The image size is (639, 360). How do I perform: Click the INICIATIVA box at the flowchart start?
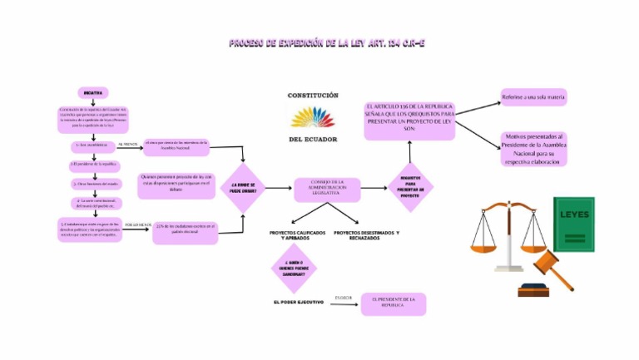pyautogui.click(x=92, y=93)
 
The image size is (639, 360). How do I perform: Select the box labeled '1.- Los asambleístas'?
pyautogui.click(x=92, y=145)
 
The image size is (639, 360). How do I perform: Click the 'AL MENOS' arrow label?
pyautogui.click(x=126, y=144)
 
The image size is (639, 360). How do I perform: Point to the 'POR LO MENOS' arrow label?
pyautogui.click(x=137, y=224)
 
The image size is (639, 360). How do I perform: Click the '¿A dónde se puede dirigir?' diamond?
pyautogui.click(x=243, y=190)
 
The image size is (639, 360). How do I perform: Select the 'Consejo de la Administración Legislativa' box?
pyautogui.click(x=327, y=189)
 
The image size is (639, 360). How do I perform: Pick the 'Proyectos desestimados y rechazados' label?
pyautogui.click(x=366, y=235)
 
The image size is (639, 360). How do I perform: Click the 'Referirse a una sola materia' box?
pyautogui.click(x=533, y=97)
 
